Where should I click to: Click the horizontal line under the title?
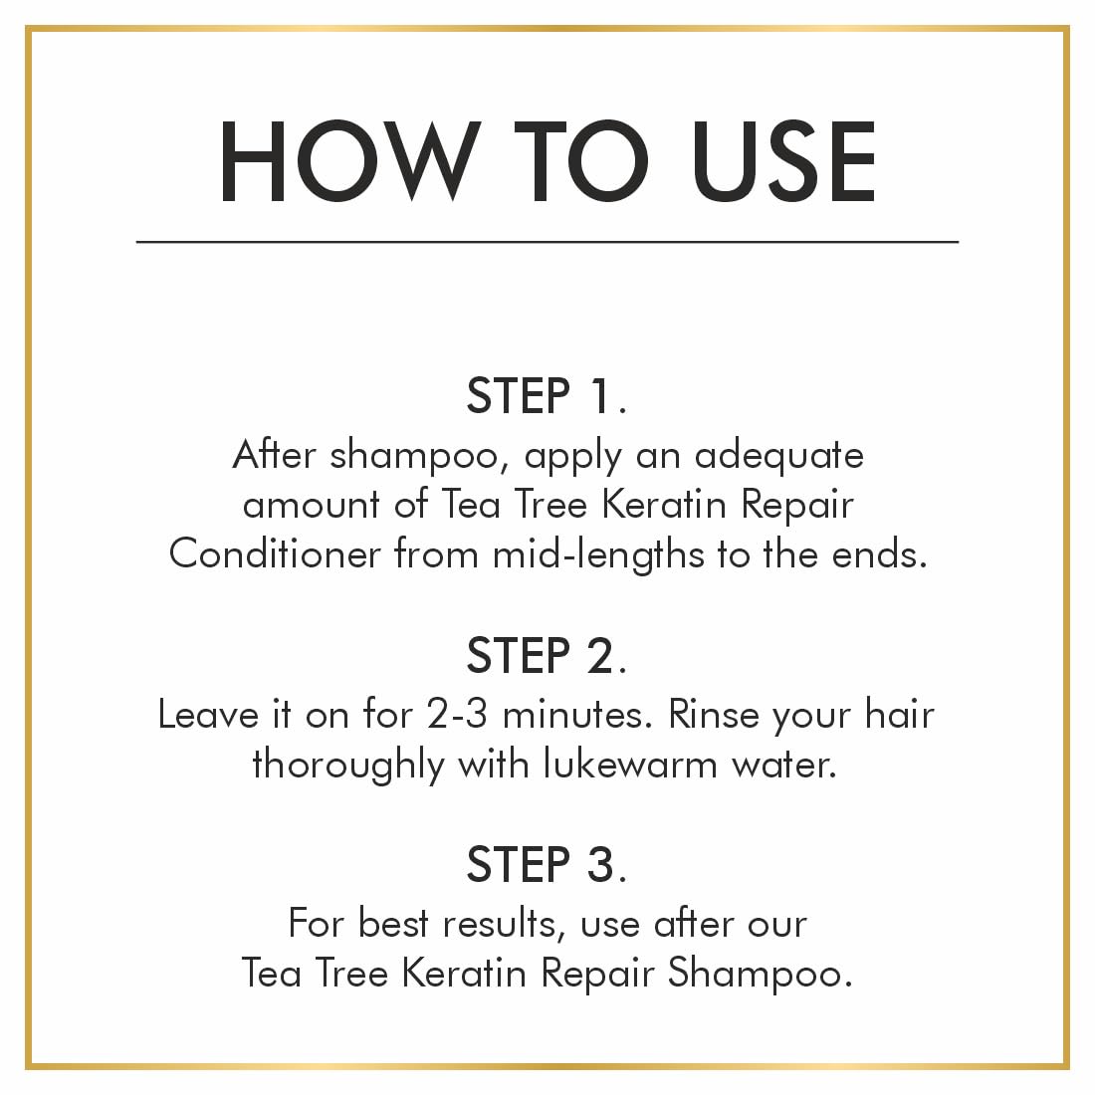tap(547, 241)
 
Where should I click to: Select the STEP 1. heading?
tap(547, 396)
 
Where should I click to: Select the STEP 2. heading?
tap(547, 656)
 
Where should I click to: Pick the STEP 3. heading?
tap(547, 864)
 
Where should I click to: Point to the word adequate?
tap(778, 456)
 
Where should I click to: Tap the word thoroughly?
tap(347, 766)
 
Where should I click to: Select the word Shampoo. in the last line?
tap(760, 974)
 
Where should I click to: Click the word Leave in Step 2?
tap(204, 715)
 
